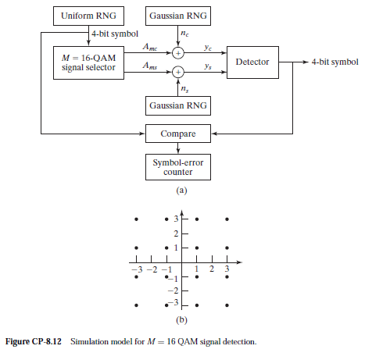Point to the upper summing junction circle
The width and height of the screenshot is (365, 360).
pyautogui.click(x=178, y=53)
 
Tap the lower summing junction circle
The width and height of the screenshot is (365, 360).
pyautogui.click(x=178, y=72)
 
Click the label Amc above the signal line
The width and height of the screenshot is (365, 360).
pyautogui.click(x=151, y=47)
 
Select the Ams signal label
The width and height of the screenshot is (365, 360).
pyautogui.click(x=151, y=67)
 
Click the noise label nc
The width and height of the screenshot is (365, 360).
pyautogui.click(x=184, y=34)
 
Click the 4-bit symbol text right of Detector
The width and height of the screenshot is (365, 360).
pyautogui.click(x=335, y=61)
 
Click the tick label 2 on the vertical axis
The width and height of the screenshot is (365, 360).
pyautogui.click(x=177, y=233)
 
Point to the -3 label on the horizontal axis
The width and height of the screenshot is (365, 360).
pyautogui.click(x=137, y=269)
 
